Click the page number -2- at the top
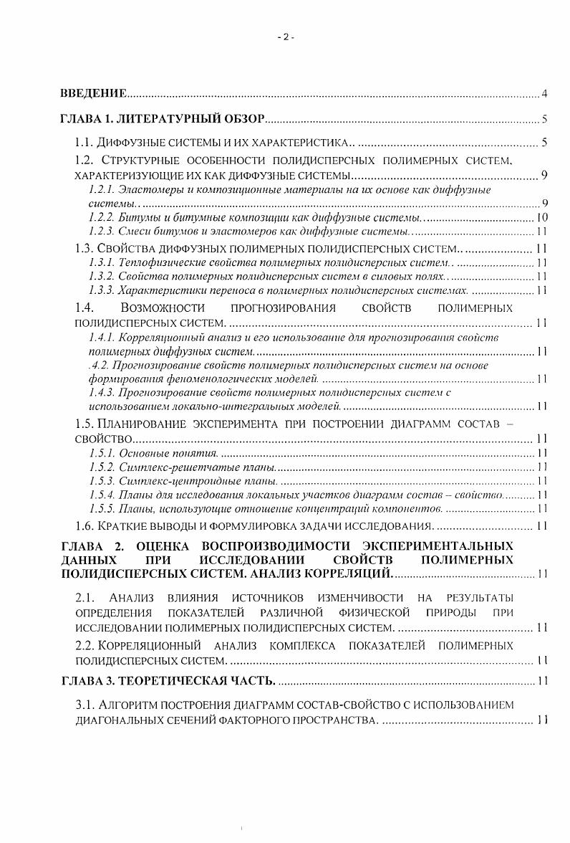285,37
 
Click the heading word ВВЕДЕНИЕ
92,94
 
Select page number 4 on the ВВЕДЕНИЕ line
544,94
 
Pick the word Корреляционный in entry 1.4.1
158,337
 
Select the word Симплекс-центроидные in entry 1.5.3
167,480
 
